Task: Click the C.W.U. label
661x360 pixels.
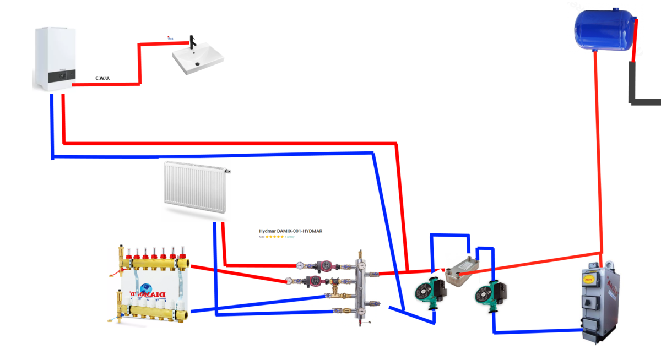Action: (x=102, y=78)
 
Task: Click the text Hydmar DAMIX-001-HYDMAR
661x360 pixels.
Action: (x=290, y=231)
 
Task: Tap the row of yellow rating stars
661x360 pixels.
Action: (x=275, y=237)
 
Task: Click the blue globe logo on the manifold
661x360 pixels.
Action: (x=145, y=288)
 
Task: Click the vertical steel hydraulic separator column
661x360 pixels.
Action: (x=362, y=286)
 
